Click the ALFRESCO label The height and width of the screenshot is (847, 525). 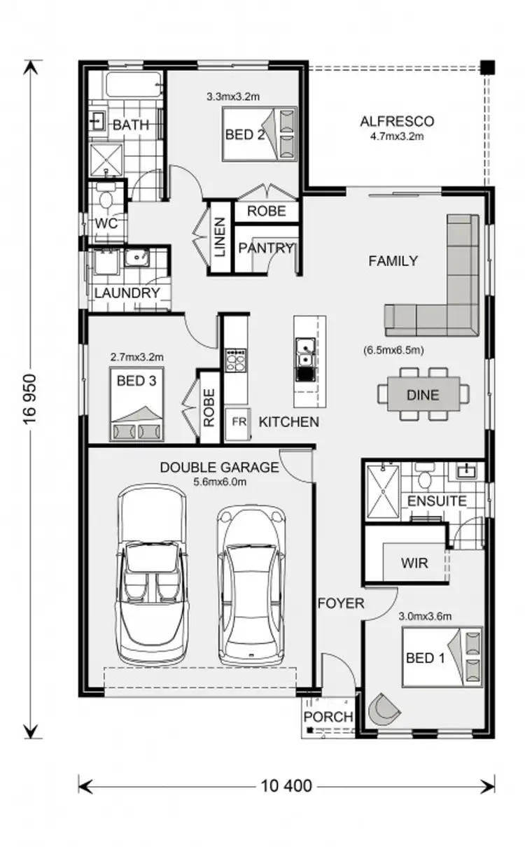397,121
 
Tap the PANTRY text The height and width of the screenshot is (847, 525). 265,248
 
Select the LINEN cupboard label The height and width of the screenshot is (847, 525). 219,238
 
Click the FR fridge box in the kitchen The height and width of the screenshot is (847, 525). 239,422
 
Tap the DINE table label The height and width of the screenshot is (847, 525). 422,395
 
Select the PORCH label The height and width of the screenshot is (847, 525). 328,717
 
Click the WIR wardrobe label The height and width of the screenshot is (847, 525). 414,563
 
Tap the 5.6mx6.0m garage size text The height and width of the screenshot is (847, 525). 219,482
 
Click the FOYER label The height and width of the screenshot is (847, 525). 341,603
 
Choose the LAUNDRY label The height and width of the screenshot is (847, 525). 127,293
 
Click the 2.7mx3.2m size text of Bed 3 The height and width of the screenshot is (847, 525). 136,356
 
